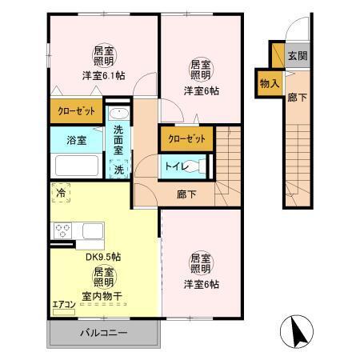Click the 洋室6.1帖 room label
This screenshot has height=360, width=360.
[x=102, y=75]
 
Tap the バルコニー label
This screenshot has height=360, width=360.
[x=102, y=332]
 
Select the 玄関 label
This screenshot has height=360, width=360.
[x=297, y=56]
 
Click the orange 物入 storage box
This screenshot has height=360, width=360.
[x=269, y=82]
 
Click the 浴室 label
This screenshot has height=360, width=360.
[x=77, y=141]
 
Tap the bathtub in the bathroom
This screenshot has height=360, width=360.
[x=76, y=166]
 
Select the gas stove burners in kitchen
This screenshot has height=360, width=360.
[x=63, y=231]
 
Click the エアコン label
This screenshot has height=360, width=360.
[x=63, y=304]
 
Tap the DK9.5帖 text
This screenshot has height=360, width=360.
[x=103, y=258]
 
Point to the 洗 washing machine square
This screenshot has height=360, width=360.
[x=118, y=169]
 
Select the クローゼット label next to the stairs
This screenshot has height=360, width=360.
[x=186, y=138]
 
